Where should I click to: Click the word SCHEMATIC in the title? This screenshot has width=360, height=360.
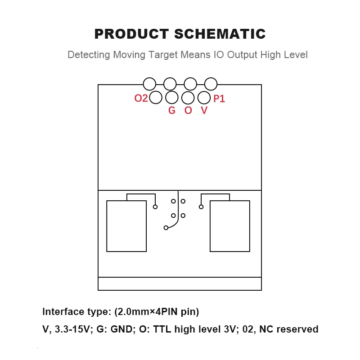[x=220, y=34]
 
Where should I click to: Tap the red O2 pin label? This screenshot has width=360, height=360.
[x=141, y=98]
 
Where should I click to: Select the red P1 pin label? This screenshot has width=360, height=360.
[x=219, y=99]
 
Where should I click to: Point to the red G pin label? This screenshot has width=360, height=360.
[x=171, y=110]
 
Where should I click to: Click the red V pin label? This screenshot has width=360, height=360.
[x=204, y=110]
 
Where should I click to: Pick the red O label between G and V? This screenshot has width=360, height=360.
[x=188, y=110]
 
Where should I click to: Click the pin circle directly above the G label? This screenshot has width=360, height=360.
[x=172, y=97]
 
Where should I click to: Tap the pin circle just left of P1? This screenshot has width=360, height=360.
[x=204, y=97]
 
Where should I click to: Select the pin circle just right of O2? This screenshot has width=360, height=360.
[x=156, y=97]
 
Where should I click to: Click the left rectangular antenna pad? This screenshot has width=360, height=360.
[x=126, y=226]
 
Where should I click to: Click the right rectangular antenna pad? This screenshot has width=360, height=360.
[x=230, y=226]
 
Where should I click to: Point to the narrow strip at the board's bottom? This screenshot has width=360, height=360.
[x=180, y=284]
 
